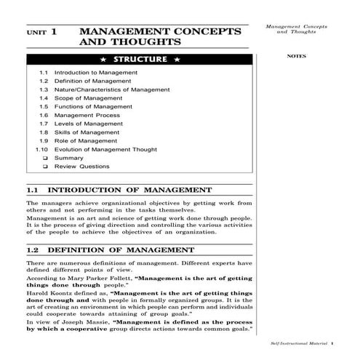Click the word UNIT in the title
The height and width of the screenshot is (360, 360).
36,33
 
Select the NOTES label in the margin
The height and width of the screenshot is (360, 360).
296,55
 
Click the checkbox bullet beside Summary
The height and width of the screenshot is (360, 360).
45,158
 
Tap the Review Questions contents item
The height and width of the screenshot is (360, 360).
82,167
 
